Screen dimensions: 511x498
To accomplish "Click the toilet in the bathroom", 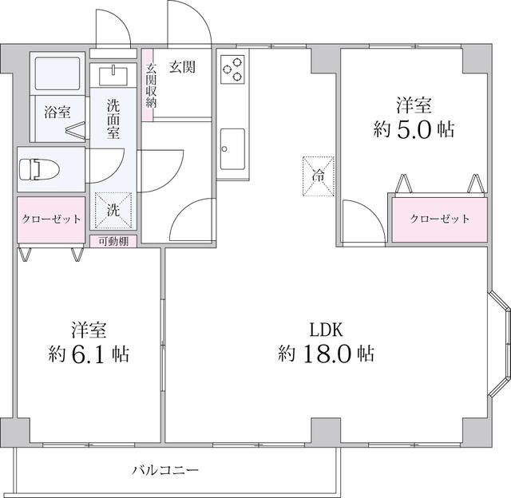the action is [39, 169].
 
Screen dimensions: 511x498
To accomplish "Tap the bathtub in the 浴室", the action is [57, 73].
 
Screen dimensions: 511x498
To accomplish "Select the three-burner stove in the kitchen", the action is [232, 69].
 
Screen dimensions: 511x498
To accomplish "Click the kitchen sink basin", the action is [232, 149].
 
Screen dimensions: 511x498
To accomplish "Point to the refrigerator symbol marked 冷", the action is [319, 176].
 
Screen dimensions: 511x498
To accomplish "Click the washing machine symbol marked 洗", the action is [113, 210].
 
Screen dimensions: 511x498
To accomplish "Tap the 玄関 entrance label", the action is [182, 67].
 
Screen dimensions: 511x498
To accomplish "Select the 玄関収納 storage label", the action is [151, 85].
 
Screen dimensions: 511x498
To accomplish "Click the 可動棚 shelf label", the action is [113, 241].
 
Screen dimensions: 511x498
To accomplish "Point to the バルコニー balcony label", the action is [165, 470].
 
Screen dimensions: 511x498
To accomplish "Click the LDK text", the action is [326, 330].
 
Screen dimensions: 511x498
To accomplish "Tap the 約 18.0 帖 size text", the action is [326, 354].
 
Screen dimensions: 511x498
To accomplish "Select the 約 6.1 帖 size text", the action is [89, 354].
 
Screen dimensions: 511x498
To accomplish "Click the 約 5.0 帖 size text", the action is [414, 129].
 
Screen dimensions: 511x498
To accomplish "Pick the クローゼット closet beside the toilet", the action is [51, 219].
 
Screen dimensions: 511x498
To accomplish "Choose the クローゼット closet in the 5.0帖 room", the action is [440, 219].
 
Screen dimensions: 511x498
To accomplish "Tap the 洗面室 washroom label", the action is [113, 119].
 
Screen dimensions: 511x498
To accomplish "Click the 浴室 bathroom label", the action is [57, 113].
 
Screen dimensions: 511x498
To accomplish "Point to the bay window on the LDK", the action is [501, 344].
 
